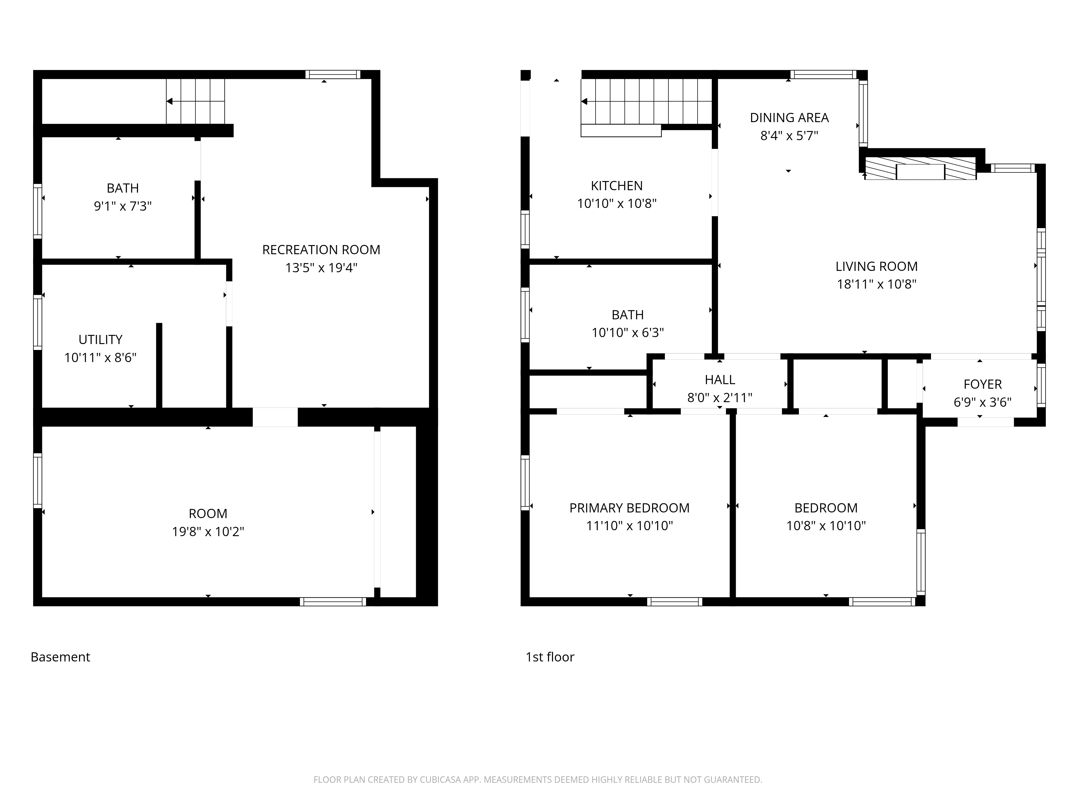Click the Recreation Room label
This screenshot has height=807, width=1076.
point(321,250)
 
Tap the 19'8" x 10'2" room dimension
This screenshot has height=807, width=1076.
point(208,532)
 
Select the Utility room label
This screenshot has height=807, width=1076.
point(100,339)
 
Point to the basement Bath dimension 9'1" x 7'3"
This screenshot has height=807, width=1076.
point(123,206)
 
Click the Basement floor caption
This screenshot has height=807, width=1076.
point(60,657)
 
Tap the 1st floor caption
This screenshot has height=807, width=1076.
point(550,657)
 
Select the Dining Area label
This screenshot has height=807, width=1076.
point(789,118)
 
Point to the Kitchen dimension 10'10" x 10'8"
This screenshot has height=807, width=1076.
point(616,203)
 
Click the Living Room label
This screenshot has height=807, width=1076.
point(876,267)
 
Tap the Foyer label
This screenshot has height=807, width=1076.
point(982,384)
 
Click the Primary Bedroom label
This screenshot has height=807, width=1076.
point(629,508)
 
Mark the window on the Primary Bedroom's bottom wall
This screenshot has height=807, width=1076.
point(674,602)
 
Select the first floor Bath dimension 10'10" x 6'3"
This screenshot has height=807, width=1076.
point(628,333)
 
